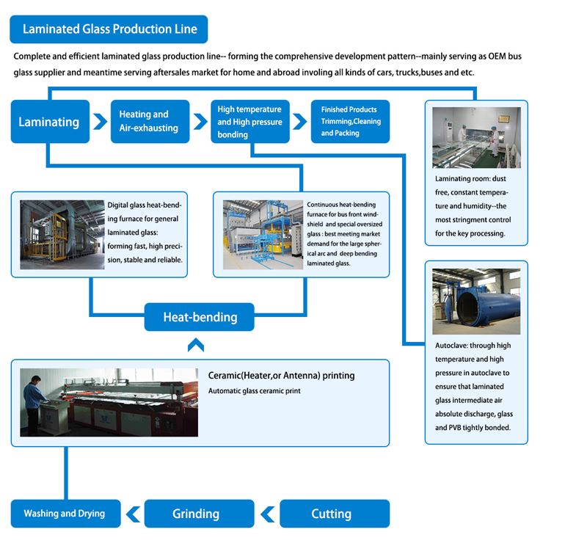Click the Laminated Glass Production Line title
click(109, 30)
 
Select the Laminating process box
click(49, 122)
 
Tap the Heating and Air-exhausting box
click(149, 121)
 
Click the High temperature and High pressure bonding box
click(249, 121)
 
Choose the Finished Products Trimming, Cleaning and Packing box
click(350, 121)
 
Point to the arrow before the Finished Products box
click(299, 121)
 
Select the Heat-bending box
click(200, 318)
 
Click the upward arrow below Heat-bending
click(195, 344)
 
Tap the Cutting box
click(335, 514)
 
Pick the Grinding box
click(196, 514)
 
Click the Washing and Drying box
click(65, 514)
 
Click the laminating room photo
click(476, 138)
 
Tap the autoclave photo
click(476, 302)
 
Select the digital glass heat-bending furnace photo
click(62, 233)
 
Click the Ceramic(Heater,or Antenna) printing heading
click(282, 376)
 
